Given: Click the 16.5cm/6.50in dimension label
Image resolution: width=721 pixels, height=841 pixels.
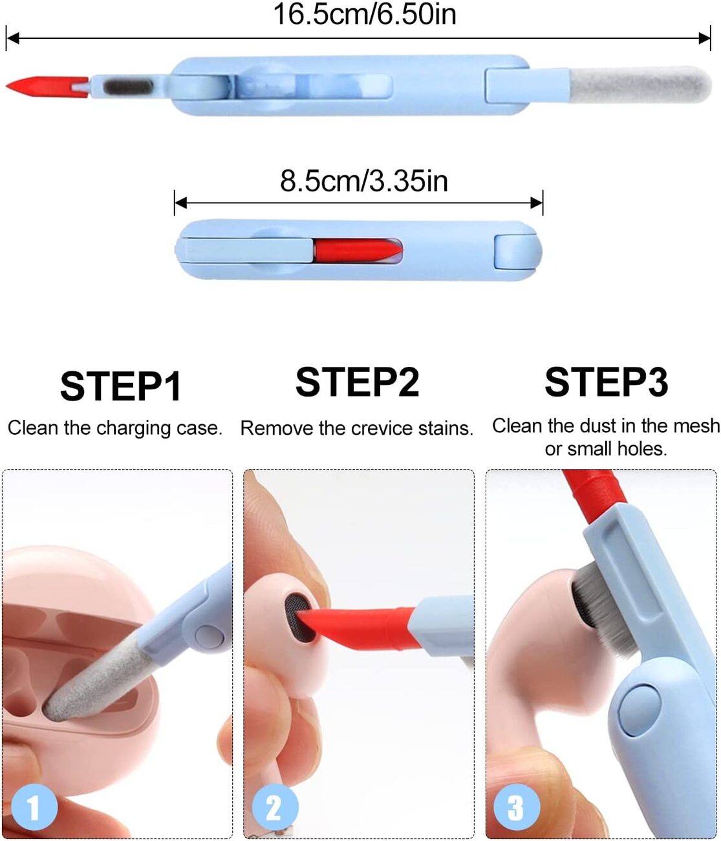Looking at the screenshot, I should (364, 14).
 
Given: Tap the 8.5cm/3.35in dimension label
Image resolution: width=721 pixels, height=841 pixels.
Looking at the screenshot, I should (363, 181).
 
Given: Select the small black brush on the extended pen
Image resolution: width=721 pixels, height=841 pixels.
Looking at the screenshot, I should (129, 86).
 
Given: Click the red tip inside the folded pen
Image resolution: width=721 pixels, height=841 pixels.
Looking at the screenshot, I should (356, 250).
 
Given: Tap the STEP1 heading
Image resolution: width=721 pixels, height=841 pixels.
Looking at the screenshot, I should (120, 387).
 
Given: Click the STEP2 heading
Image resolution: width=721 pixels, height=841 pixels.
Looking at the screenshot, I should (357, 382).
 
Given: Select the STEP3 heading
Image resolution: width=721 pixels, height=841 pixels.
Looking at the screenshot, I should (606, 382).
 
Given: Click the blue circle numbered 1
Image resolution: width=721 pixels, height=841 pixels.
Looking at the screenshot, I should (34, 806).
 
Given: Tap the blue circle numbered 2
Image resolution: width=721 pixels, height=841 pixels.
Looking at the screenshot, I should (274, 807).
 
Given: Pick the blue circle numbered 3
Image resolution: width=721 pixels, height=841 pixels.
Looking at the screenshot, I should (516, 807).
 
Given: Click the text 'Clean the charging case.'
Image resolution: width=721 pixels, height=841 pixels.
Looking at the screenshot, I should (115, 428).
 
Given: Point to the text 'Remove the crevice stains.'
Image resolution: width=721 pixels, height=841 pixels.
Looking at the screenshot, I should (356, 428).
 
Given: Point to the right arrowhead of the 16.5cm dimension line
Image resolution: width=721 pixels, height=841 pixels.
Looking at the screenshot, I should (705, 38).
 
